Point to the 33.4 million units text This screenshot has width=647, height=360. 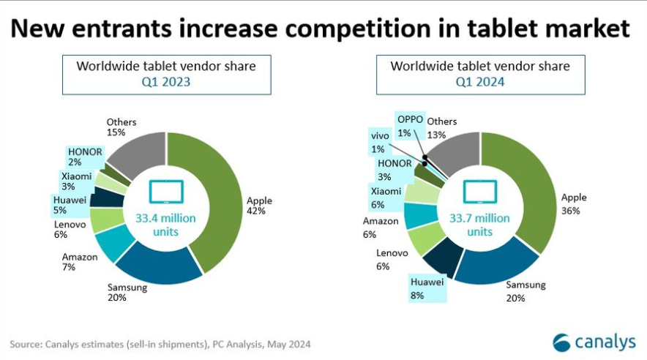click(167, 225)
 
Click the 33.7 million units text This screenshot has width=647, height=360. click(480, 225)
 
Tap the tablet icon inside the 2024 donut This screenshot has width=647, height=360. click(480, 192)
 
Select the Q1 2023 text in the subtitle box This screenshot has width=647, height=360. click(166, 82)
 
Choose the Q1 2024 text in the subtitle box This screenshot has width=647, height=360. click(480, 82)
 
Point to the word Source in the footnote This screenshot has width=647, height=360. click(26, 343)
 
